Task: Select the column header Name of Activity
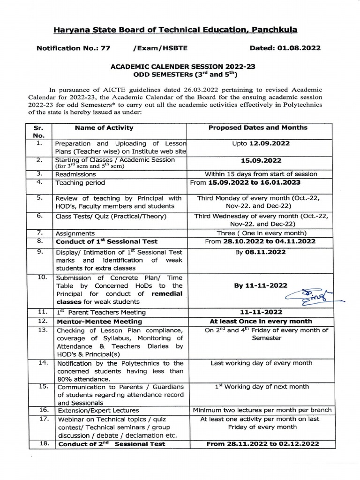(x=104, y=127)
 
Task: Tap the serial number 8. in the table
(x=40, y=241)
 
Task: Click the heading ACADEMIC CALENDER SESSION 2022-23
(x=176, y=67)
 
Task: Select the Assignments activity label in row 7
(x=75, y=233)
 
